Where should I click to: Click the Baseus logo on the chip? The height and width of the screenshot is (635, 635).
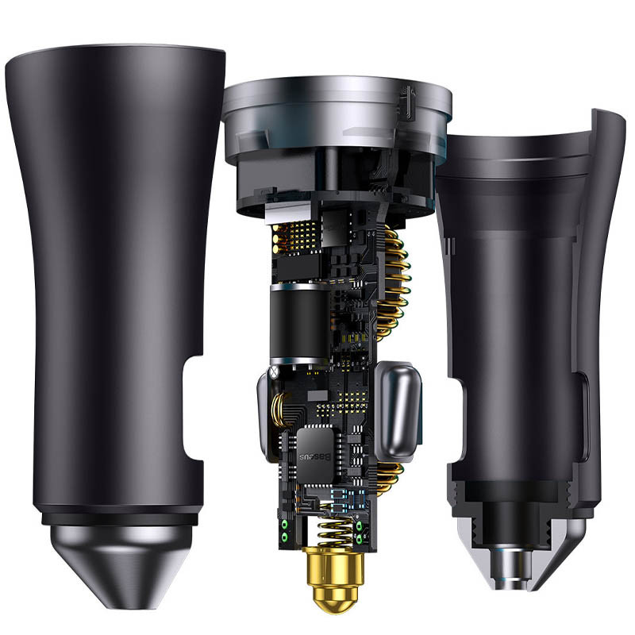314,457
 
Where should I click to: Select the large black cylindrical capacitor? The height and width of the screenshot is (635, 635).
299,324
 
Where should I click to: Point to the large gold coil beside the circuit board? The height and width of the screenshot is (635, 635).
394,283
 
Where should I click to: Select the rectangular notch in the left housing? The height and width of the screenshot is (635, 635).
194,408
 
